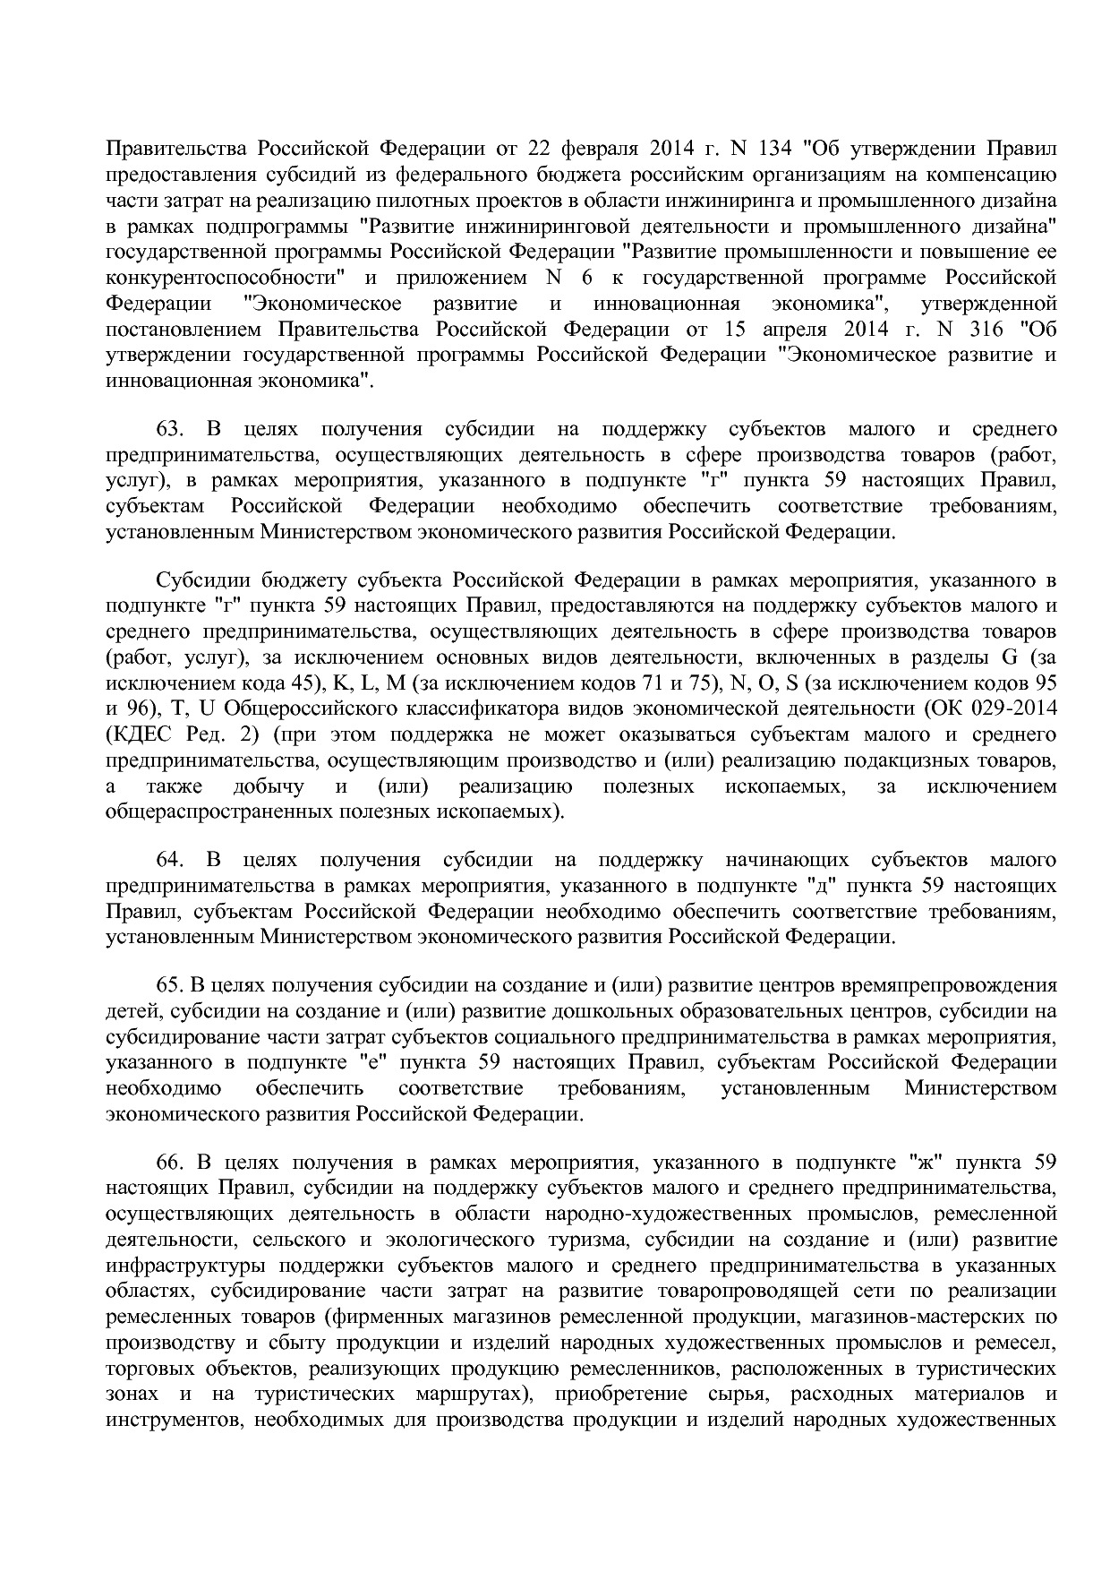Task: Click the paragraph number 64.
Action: [169, 861]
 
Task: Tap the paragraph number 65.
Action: [169, 985]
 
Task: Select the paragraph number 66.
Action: [169, 1163]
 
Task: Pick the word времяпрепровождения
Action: [950, 985]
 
